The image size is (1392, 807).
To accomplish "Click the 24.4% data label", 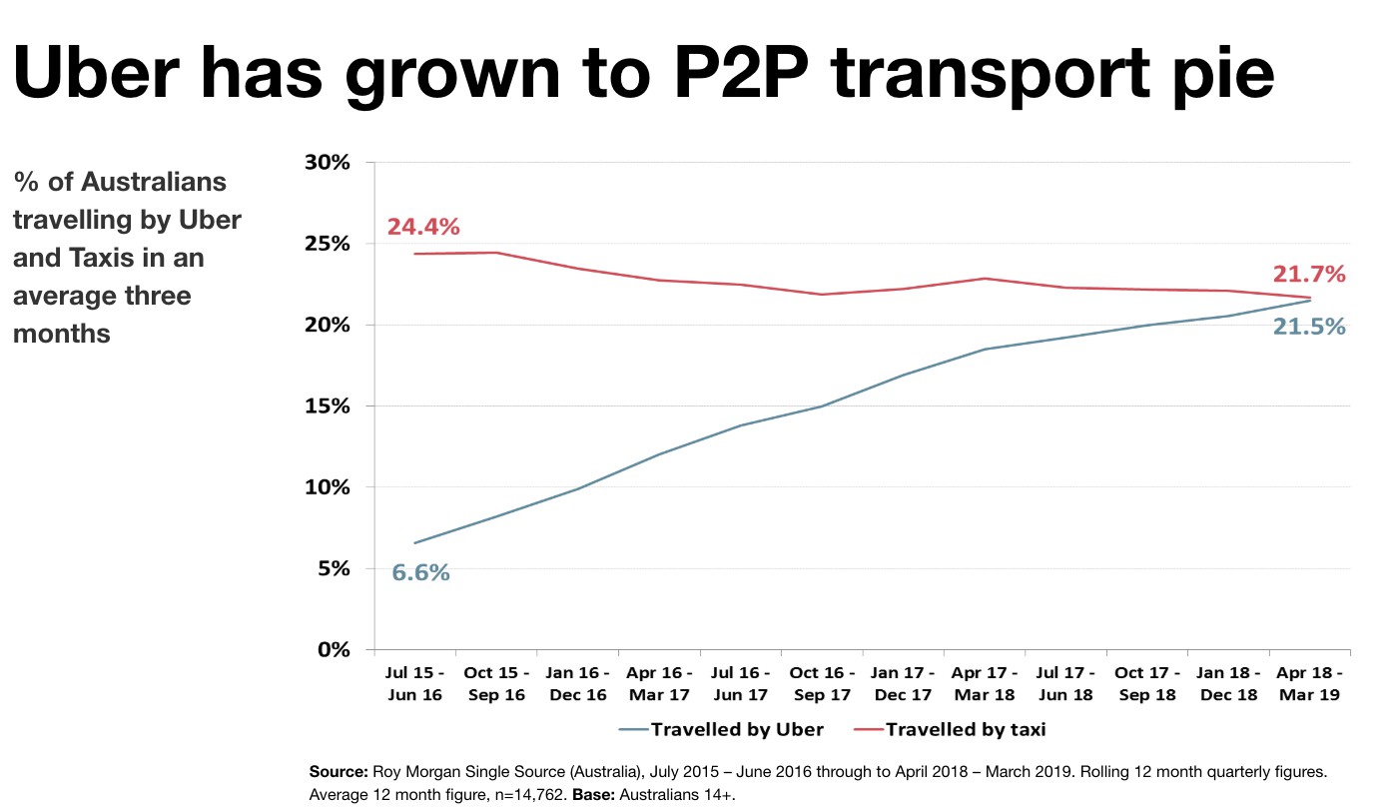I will [423, 227].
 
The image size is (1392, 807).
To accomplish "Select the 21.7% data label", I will [1309, 274].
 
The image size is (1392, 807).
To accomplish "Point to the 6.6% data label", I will [420, 572].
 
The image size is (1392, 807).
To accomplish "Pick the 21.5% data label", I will [1308, 326].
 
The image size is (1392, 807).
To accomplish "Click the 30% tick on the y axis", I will [329, 163].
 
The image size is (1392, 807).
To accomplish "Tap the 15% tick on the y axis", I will [329, 406].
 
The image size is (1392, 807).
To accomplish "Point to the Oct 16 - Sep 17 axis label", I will [823, 684].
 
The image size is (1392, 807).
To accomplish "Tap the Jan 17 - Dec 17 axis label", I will [904, 684].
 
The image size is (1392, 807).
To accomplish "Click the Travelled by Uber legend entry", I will [721, 729].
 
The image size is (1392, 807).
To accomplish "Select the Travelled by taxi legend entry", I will [950, 729].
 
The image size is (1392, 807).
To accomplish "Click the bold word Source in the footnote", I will [340, 773].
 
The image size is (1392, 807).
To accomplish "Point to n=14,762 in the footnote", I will [527, 794].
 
